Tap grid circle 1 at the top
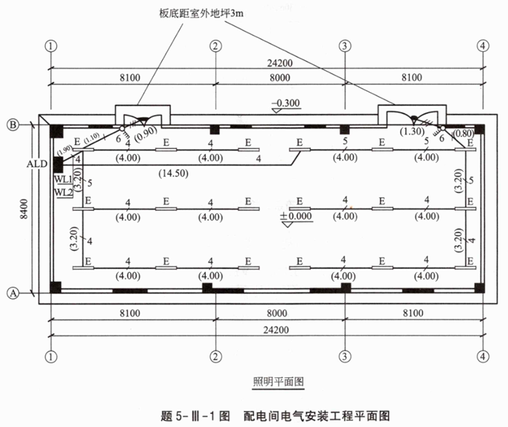50,45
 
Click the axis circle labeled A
13,292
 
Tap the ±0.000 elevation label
298,216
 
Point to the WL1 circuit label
64,180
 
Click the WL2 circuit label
64,192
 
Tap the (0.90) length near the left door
146,134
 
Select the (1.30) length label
410,132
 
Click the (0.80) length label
461,133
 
